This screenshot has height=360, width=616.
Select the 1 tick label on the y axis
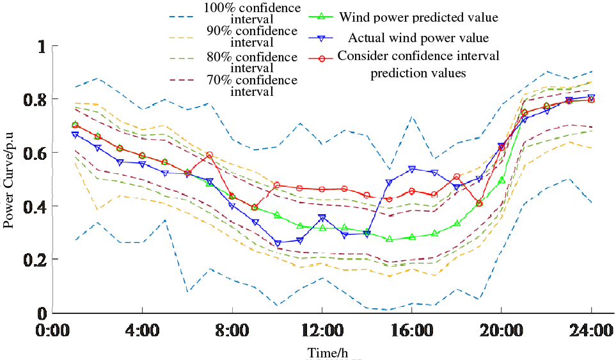42,47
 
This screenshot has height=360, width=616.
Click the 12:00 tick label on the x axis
322,332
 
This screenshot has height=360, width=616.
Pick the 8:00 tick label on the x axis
232,332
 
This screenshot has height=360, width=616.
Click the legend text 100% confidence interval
252,13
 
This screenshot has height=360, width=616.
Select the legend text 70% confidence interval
252,86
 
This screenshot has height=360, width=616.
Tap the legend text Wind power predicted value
418,17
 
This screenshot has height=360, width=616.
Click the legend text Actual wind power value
418,38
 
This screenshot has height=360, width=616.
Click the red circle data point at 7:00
209,155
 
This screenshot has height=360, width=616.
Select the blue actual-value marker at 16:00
411,169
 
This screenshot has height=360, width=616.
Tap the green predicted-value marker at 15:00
389,239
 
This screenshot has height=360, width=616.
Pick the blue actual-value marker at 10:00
277,243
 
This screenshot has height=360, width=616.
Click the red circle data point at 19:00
479,203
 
